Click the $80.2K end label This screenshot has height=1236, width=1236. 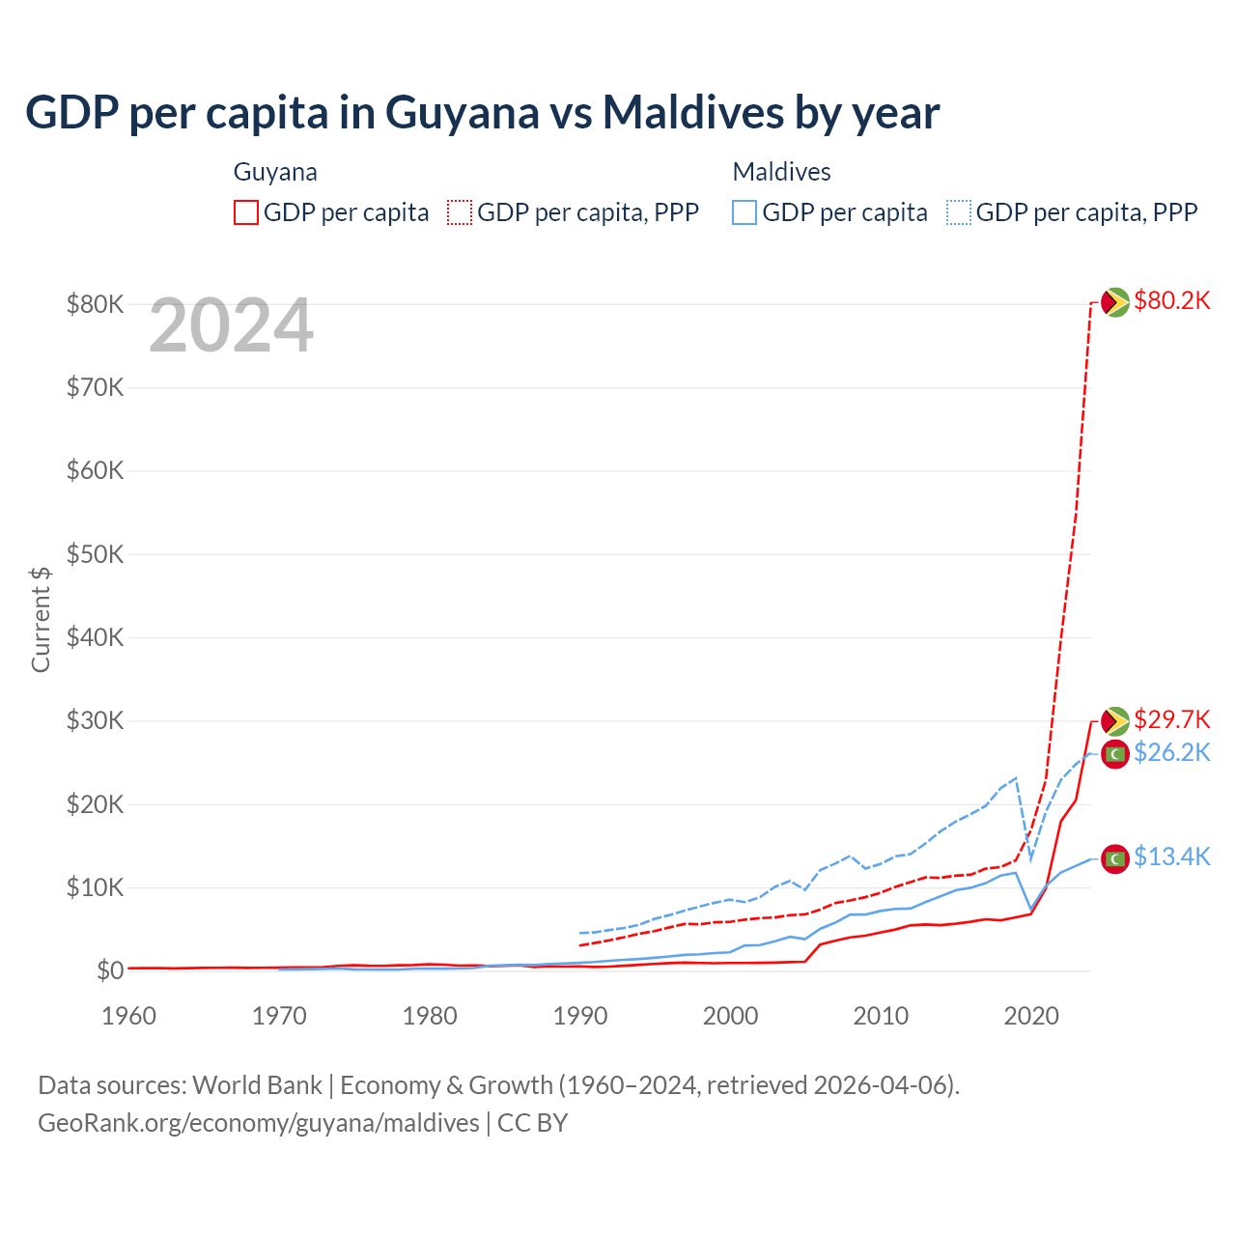[x=1171, y=301]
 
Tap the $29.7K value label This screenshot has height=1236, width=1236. [x=1171, y=720]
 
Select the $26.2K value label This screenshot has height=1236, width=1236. [x=1171, y=753]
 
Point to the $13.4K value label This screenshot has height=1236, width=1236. [x=1171, y=857]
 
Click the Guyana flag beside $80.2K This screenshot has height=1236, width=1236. [x=1115, y=302]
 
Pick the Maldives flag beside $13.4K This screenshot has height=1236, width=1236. [x=1115, y=858]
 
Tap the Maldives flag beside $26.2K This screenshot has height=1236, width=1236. [x=1115, y=753]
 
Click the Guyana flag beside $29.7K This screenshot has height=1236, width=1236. [x=1115, y=720]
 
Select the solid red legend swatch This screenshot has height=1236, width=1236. [x=246, y=212]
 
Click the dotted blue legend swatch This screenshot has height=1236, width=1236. [x=959, y=212]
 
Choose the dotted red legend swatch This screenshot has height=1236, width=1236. [x=460, y=212]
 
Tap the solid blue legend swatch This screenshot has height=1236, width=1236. [x=744, y=212]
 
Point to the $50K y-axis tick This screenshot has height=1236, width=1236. [x=95, y=554]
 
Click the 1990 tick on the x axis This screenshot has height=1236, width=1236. [x=580, y=1016]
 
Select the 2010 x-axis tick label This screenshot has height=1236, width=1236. [x=881, y=1016]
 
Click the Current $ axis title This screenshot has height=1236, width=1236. [x=41, y=618]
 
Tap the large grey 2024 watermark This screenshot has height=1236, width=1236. [x=231, y=326]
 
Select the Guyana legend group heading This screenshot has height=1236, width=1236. [x=275, y=172]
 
